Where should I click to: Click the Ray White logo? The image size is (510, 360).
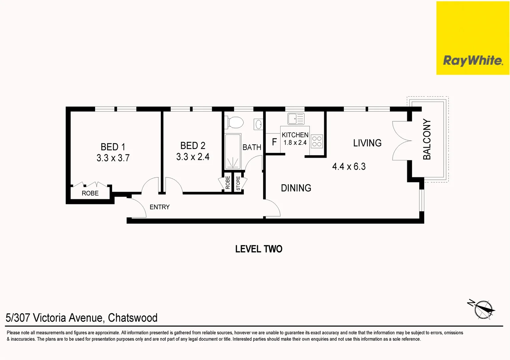473,60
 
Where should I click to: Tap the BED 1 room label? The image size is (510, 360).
113,147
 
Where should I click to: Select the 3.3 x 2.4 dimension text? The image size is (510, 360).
193,157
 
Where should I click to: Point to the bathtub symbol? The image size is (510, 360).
232,152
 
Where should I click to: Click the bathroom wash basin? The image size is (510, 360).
259,125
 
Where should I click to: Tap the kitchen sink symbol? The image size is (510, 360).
296,119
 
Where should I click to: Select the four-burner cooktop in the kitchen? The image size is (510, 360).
317,141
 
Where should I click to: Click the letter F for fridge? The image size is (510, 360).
274,142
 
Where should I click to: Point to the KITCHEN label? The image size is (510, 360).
295,135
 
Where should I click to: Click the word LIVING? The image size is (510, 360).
367,143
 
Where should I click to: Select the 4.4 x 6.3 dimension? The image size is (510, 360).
349,166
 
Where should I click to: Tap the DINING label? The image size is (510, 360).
296,188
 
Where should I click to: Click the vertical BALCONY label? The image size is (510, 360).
427,139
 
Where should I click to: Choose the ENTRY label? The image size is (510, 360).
159,207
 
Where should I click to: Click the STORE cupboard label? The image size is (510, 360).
238,183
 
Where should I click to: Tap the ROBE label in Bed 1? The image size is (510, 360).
90,193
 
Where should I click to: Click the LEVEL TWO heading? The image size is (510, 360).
259,249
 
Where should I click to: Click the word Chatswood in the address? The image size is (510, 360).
132,318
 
